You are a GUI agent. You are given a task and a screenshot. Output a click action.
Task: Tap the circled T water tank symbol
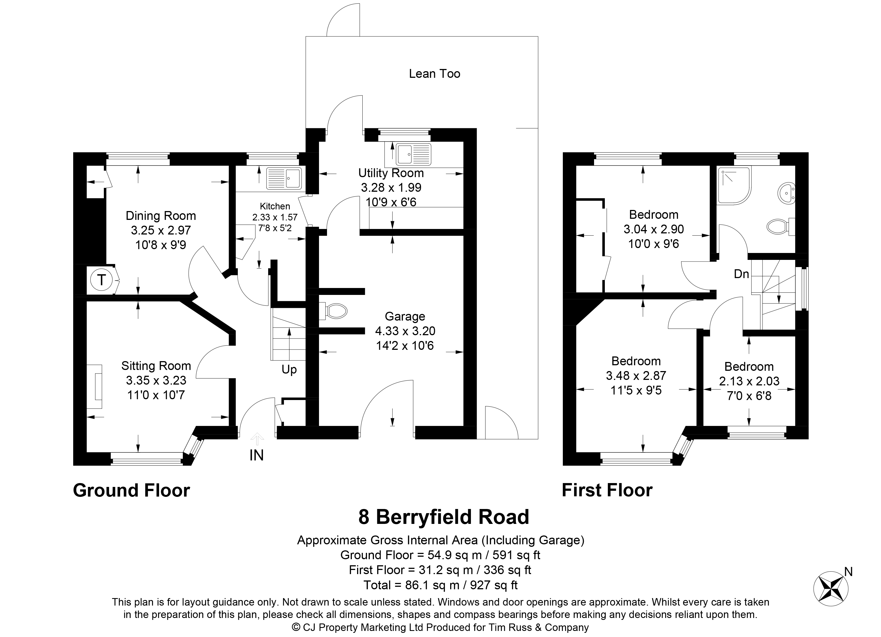[101, 279]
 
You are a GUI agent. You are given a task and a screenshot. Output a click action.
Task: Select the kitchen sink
[284, 179]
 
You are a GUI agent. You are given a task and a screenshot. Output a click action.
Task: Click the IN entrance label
[256, 455]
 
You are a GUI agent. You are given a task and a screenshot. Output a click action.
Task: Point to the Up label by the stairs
[289, 370]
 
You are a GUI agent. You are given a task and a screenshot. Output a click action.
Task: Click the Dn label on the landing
[741, 274]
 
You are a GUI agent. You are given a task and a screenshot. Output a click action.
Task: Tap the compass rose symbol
[831, 588]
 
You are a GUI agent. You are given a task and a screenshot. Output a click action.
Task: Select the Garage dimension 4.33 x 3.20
[405, 331]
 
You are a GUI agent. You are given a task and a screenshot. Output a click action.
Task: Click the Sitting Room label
[156, 366]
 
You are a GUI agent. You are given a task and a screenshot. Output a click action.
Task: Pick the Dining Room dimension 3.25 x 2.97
[161, 230]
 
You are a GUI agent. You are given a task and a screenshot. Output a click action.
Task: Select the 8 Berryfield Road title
[444, 517]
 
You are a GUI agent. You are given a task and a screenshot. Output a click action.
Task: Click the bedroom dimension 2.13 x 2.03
[749, 381]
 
